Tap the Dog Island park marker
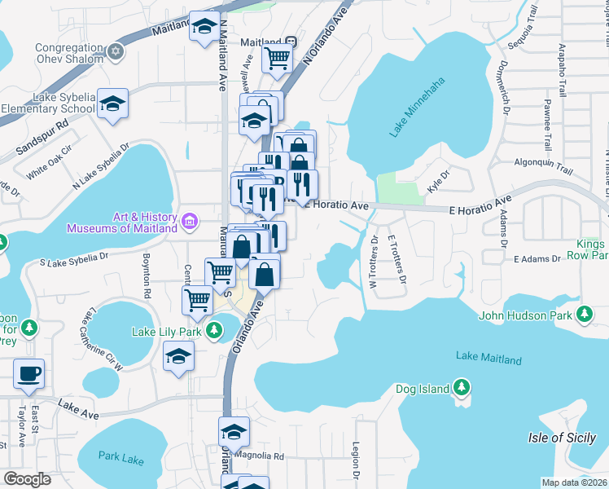pos(462,388)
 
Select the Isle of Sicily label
pos(562,438)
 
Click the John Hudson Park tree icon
pos(583,315)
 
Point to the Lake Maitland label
pos(489,357)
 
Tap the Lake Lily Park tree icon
pos(213,331)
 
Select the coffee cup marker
pos(29,372)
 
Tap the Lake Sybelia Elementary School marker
pos(113,103)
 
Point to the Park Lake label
pos(120,457)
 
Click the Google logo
pos(26,479)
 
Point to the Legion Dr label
pos(356,460)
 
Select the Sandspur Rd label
pos(42,140)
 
